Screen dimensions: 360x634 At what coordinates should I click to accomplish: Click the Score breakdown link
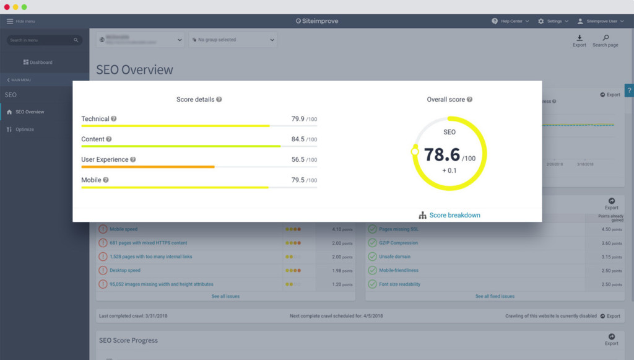point(454,215)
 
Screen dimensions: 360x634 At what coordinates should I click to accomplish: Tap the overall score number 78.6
point(441,155)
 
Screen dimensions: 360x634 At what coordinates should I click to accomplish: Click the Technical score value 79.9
point(298,119)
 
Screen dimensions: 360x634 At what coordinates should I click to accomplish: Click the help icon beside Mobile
point(106,180)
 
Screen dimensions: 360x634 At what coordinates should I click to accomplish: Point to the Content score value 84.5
point(298,139)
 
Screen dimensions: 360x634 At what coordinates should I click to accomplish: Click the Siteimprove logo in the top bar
point(317,21)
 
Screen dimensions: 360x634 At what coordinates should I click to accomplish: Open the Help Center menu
point(511,21)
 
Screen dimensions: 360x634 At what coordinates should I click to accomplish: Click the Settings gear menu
point(553,21)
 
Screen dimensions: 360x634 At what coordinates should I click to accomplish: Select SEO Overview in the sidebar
point(30,112)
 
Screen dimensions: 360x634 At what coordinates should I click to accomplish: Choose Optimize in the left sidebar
point(25,130)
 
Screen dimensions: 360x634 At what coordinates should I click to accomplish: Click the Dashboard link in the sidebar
point(38,63)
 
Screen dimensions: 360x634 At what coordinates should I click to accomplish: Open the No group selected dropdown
point(233,40)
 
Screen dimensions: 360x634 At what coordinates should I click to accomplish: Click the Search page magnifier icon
point(606,38)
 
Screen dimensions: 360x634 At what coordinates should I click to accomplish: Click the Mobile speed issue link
point(124,229)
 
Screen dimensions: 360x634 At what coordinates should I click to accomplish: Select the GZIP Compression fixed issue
point(398,243)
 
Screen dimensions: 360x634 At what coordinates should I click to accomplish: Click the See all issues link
point(225,296)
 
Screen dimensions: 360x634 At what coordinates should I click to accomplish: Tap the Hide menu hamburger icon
point(9,21)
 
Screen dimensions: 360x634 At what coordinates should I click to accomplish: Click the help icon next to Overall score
point(469,99)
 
